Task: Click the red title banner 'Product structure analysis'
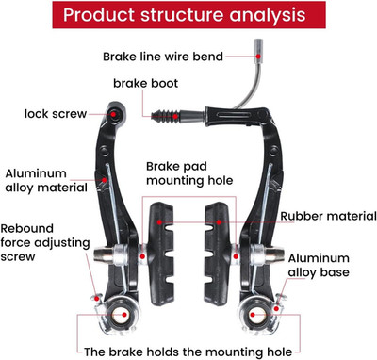pyautogui.click(x=188, y=15)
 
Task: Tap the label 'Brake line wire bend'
pyautogui.click(x=163, y=57)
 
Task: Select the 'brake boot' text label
pyautogui.click(x=145, y=83)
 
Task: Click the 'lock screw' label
pyautogui.click(x=56, y=114)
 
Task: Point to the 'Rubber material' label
pyautogui.click(x=328, y=216)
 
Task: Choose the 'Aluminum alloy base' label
pyautogui.click(x=319, y=265)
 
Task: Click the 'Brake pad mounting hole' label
pyautogui.click(x=189, y=173)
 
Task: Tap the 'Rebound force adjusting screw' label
pyautogui.click(x=45, y=242)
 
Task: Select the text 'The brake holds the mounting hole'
pyautogui.click(x=188, y=352)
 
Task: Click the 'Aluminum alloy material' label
pyautogui.click(x=46, y=181)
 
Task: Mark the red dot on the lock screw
pyautogui.click(x=113, y=114)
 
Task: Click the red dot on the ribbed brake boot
pyautogui.click(x=176, y=116)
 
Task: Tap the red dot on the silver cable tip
pyautogui.click(x=258, y=57)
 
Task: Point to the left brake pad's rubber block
pyautogui.click(x=161, y=254)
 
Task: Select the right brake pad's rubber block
pyautogui.click(x=217, y=254)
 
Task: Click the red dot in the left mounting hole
pyautogui.click(x=124, y=315)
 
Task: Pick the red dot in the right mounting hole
pyautogui.click(x=253, y=314)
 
